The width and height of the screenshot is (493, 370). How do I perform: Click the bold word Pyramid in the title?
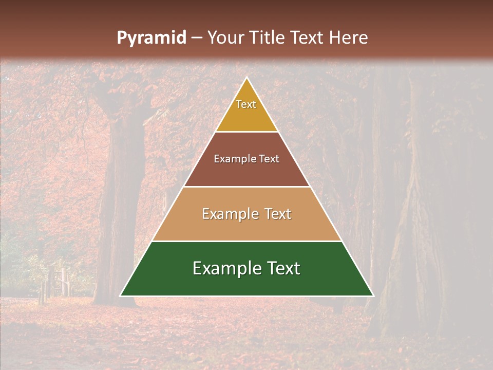151,38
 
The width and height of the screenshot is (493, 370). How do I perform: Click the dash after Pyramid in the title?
196,39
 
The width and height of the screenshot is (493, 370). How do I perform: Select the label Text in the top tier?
246,104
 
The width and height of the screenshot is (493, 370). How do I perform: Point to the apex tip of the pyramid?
246,78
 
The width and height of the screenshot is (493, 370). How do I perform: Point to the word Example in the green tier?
223,268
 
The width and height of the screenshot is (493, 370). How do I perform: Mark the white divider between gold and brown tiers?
246,132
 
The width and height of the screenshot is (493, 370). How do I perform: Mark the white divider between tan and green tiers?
246,241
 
